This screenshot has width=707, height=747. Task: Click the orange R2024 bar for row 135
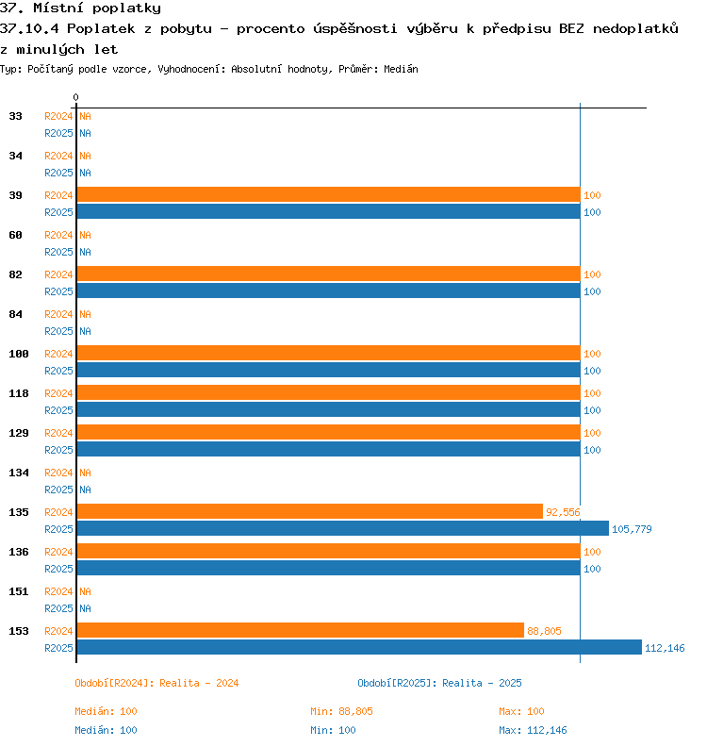click(310, 511)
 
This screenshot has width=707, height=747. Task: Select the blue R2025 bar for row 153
click(359, 647)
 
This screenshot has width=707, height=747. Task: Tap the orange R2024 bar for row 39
click(328, 194)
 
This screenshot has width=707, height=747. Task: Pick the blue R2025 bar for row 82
click(328, 290)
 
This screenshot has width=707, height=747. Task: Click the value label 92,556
click(563, 512)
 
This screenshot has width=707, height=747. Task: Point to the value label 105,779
click(632, 529)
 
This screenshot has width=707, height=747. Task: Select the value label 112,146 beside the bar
click(665, 648)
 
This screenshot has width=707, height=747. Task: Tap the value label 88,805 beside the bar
click(544, 631)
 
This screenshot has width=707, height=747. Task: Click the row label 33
click(15, 116)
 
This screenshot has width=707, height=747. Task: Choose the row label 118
click(19, 393)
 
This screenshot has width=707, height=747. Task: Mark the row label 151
click(19, 591)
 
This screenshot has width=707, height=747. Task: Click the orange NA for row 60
click(85, 235)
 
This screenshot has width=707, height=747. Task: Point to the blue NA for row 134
click(85, 490)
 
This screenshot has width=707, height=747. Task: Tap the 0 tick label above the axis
click(75, 97)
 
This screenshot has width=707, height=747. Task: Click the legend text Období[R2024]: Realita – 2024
click(156, 683)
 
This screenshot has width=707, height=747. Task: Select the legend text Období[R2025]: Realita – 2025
click(439, 683)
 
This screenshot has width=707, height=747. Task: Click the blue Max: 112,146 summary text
click(533, 730)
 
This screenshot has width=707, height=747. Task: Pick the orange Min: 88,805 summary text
click(341, 711)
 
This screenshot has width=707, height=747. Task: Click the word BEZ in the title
click(571, 28)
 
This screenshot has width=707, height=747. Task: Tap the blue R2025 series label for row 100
click(58, 371)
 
